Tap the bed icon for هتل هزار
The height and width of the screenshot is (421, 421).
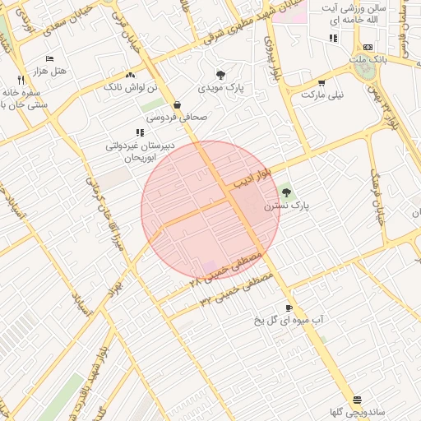(x=49, y=59)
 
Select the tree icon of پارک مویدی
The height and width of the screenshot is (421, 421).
(x=220, y=74)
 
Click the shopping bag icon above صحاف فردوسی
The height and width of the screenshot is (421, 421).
(x=178, y=104)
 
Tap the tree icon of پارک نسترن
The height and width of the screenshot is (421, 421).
(x=286, y=192)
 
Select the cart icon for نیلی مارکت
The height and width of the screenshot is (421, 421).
(x=322, y=82)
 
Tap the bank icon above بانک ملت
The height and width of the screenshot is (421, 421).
(x=368, y=48)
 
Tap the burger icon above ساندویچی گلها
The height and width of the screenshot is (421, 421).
(x=357, y=399)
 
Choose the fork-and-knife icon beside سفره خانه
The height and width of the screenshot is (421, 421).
(x=21, y=81)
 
